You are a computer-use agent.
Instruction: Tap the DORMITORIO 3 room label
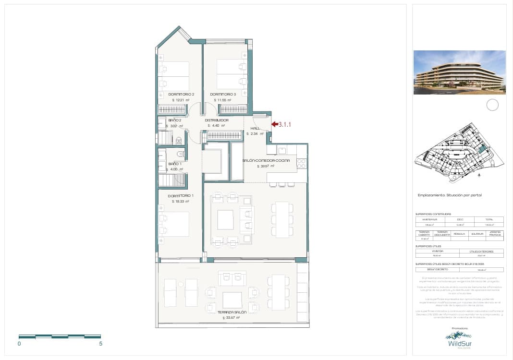(223, 94)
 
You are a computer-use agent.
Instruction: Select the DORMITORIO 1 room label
(181, 196)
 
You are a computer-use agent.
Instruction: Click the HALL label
(255, 128)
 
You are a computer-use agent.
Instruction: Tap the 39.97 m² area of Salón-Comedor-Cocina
(266, 166)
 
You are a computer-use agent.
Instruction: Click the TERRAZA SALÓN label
(232, 312)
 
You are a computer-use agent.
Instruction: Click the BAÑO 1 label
(175, 164)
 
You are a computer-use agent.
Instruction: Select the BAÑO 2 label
(174, 120)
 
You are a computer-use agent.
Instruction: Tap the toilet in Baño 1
(181, 154)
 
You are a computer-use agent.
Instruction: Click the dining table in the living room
(282, 219)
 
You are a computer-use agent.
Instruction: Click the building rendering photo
(459, 72)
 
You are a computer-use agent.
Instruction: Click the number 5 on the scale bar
(100, 344)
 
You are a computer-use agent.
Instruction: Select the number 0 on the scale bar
(19, 344)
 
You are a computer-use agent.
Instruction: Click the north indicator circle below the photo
(492, 105)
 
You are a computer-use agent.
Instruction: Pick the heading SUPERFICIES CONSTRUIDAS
(433, 214)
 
